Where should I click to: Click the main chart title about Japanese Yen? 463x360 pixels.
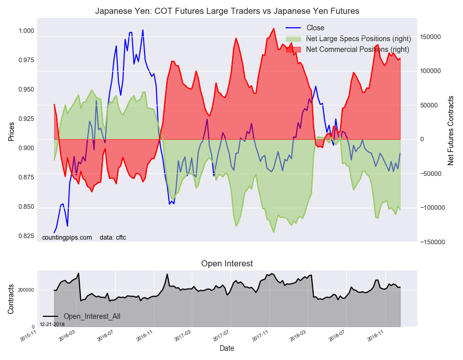click(x=227, y=11)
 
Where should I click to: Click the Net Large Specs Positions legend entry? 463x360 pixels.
click(x=348, y=39)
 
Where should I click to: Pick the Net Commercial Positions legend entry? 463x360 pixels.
click(x=348, y=49)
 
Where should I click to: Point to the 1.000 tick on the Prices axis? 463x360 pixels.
click(x=26, y=31)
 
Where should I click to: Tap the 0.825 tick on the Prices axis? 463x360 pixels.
click(x=26, y=236)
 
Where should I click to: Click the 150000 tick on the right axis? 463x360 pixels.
click(x=430, y=37)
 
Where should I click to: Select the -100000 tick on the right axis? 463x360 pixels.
click(x=432, y=208)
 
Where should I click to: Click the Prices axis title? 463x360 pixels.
click(x=11, y=132)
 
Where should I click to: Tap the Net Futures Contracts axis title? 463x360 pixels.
click(x=451, y=131)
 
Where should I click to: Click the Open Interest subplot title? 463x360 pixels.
click(x=227, y=263)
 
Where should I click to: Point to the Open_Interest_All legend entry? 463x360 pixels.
click(x=81, y=316)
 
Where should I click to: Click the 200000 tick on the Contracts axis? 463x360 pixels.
click(x=26, y=290)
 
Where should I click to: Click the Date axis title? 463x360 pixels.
click(x=227, y=348)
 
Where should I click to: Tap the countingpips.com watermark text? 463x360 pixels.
click(x=67, y=238)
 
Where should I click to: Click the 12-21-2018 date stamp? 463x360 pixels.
click(x=52, y=325)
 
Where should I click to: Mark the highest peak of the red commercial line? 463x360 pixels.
click(x=274, y=29)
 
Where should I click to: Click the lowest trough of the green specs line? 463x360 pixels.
click(x=274, y=232)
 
